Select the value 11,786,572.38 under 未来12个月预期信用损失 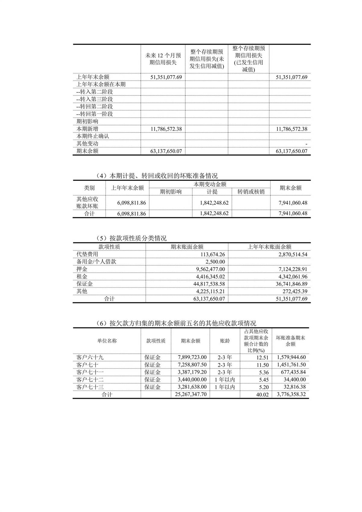[x=166, y=129]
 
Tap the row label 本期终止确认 [x=93, y=136]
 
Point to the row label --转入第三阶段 [x=95, y=99]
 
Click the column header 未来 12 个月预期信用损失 [x=163, y=59]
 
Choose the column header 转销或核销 [x=251, y=192]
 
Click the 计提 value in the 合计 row [x=214, y=213]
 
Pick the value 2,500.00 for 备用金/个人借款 [x=215, y=262]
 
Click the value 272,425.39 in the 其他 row [x=291, y=291]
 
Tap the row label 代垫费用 [x=87, y=254]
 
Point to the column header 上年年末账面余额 [x=269, y=247]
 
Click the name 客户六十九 [x=90, y=357]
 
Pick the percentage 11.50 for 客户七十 [x=262, y=365]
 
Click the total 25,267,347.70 [x=191, y=394]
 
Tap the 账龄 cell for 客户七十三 [x=225, y=387]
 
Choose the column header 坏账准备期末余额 [x=291, y=341]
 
